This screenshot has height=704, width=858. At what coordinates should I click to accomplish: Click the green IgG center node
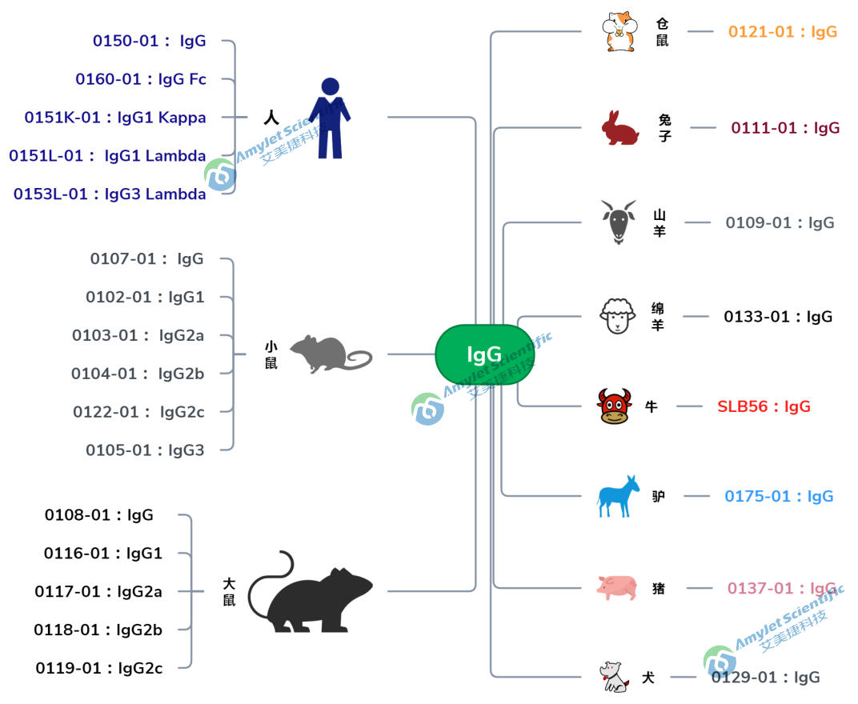[x=484, y=354]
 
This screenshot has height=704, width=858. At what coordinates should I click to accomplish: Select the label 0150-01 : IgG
[x=150, y=41]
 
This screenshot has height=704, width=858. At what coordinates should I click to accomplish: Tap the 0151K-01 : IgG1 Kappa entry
[x=115, y=118]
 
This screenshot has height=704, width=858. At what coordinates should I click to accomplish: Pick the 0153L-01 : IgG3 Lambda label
[x=110, y=194]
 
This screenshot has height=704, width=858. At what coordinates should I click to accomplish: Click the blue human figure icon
[x=330, y=118]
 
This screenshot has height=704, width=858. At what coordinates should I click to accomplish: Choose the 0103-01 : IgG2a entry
[x=138, y=335]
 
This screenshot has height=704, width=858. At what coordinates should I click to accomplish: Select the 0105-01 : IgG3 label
[x=145, y=450]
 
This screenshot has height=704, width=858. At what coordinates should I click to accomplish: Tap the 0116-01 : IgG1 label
[x=103, y=553]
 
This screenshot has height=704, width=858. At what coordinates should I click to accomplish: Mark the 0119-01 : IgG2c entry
[x=99, y=668]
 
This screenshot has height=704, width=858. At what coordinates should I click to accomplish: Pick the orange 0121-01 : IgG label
[x=782, y=32]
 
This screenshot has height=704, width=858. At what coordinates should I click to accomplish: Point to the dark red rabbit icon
[x=620, y=128]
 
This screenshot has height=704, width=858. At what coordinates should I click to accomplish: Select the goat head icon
[x=619, y=222]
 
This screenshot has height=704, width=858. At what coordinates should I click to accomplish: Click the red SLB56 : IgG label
[x=764, y=406]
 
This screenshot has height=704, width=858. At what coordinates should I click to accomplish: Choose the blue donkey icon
[x=619, y=496]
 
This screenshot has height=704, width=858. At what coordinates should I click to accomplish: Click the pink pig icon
[x=616, y=588]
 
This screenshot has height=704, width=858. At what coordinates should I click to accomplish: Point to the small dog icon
[x=615, y=677]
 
